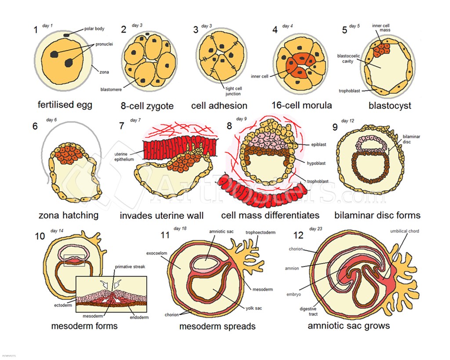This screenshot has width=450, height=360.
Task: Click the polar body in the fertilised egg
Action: pos(66,35)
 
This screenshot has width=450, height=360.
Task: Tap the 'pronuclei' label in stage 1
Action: pos(104,44)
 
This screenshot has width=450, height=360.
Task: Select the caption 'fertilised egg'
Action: pos(65,105)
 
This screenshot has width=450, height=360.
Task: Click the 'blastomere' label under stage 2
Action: pos(111,90)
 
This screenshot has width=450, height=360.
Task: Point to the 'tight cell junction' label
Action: pos(233,91)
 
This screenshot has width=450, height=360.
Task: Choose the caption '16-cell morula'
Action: pos(301,105)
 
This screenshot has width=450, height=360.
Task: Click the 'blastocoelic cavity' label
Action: pos(348,58)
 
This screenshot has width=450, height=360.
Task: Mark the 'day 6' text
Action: pos(51,120)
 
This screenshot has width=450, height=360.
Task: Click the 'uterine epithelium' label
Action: pos(124,157)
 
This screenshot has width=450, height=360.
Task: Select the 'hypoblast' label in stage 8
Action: pos(316,164)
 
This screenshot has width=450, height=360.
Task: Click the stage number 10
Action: pos(40,236)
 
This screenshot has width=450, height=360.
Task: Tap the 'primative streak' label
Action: pos(130,267)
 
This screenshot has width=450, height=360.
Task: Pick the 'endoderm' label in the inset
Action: pos(139,317)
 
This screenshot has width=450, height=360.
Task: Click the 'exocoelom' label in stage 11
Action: pos(157,253)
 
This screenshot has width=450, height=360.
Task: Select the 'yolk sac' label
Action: pos(254,308)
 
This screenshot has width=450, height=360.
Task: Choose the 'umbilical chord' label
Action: pos(404,231)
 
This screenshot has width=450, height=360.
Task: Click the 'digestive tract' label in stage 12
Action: pos(308,312)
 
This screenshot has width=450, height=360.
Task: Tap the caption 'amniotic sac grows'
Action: pos(348,326)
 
